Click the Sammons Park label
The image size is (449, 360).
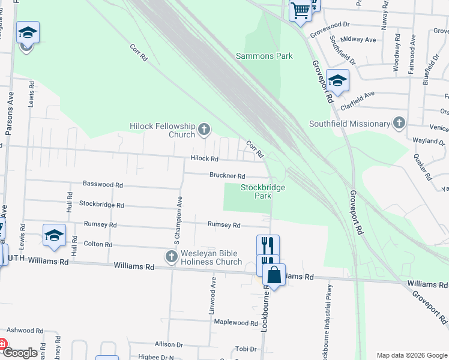[x=264, y=56]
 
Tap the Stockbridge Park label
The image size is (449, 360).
[x=263, y=191]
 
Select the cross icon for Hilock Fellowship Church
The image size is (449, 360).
[x=204, y=129]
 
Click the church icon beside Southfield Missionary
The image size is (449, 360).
[x=399, y=123]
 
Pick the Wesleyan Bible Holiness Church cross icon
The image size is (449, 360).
[x=171, y=257]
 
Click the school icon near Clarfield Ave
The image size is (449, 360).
[x=338, y=81]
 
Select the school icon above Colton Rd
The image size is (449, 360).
[x=54, y=236]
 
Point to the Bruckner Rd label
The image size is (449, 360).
[x=227, y=176]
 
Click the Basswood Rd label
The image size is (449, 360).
[x=103, y=185]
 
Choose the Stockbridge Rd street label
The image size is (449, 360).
[x=101, y=205]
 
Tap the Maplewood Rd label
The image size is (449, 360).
[x=236, y=323]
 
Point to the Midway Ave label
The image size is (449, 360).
[x=358, y=40]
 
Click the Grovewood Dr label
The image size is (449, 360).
[x=330, y=27]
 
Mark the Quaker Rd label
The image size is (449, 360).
[x=423, y=165]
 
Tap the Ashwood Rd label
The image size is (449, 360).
[x=25, y=331]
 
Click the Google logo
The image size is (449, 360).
[x=19, y=353]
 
